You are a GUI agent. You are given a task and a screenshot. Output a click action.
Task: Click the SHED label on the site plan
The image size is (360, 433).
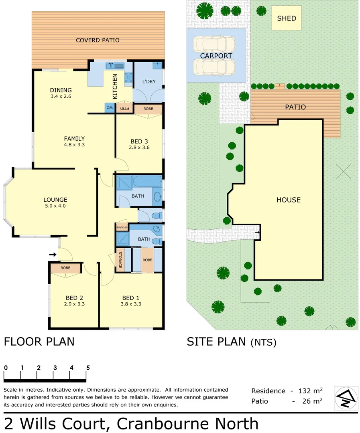[287, 18]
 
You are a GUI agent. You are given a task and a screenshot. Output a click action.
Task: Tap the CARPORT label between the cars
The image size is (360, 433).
[216, 56]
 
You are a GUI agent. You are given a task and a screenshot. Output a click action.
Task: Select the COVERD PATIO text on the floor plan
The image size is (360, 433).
[98, 40]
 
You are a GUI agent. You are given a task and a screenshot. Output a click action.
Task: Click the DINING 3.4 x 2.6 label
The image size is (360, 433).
[61, 93]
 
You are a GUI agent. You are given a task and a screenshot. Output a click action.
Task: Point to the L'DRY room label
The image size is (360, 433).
[148, 81]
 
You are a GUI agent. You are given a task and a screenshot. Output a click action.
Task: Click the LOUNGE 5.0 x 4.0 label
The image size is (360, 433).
[55, 202]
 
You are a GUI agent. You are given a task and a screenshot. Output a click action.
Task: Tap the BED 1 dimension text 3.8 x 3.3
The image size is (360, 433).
[131, 304]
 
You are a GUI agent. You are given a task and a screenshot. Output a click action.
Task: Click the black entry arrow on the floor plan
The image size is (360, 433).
[53, 254]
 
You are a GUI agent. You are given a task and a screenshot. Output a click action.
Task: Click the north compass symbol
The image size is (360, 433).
[346, 398]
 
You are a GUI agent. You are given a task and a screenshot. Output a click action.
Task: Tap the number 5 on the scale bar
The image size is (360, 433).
[87, 368]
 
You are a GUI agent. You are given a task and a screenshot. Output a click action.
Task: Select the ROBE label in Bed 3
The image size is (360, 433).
[148, 108]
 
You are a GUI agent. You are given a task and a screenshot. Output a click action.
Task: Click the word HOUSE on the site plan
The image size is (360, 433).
[288, 200]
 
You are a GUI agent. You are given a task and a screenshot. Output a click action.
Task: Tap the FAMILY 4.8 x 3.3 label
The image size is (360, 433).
[74, 142]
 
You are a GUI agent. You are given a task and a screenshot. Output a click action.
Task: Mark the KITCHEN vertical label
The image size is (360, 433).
[115, 86]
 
